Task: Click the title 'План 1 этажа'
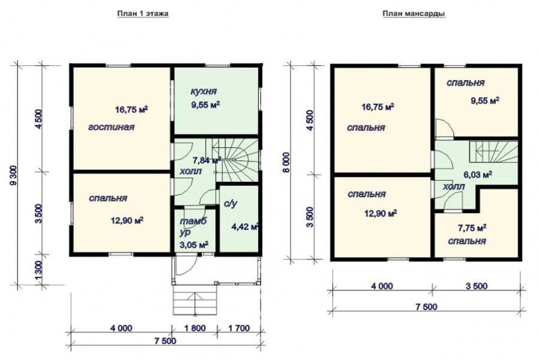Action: (143, 14)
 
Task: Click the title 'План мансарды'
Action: (414, 14)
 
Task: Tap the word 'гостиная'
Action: (112, 127)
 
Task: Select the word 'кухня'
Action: (203, 91)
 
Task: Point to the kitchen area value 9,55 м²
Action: (205, 104)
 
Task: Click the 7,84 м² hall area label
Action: (206, 160)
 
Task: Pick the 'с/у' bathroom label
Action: (230, 204)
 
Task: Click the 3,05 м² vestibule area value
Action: (194, 245)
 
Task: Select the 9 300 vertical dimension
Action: (14, 175)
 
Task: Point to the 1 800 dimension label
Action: (194, 328)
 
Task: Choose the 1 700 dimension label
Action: (239, 328)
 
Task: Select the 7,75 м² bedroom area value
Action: (472, 227)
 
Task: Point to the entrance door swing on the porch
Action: (185, 266)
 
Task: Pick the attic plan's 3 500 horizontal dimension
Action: (476, 286)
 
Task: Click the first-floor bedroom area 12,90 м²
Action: (127, 220)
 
